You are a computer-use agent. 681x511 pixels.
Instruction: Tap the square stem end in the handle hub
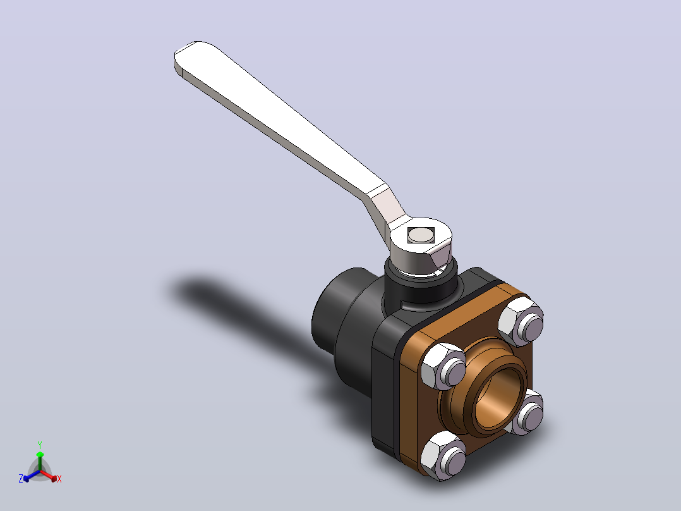421,235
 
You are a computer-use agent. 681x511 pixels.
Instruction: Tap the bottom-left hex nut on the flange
443,455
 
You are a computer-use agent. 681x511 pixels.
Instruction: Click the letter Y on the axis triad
40,445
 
